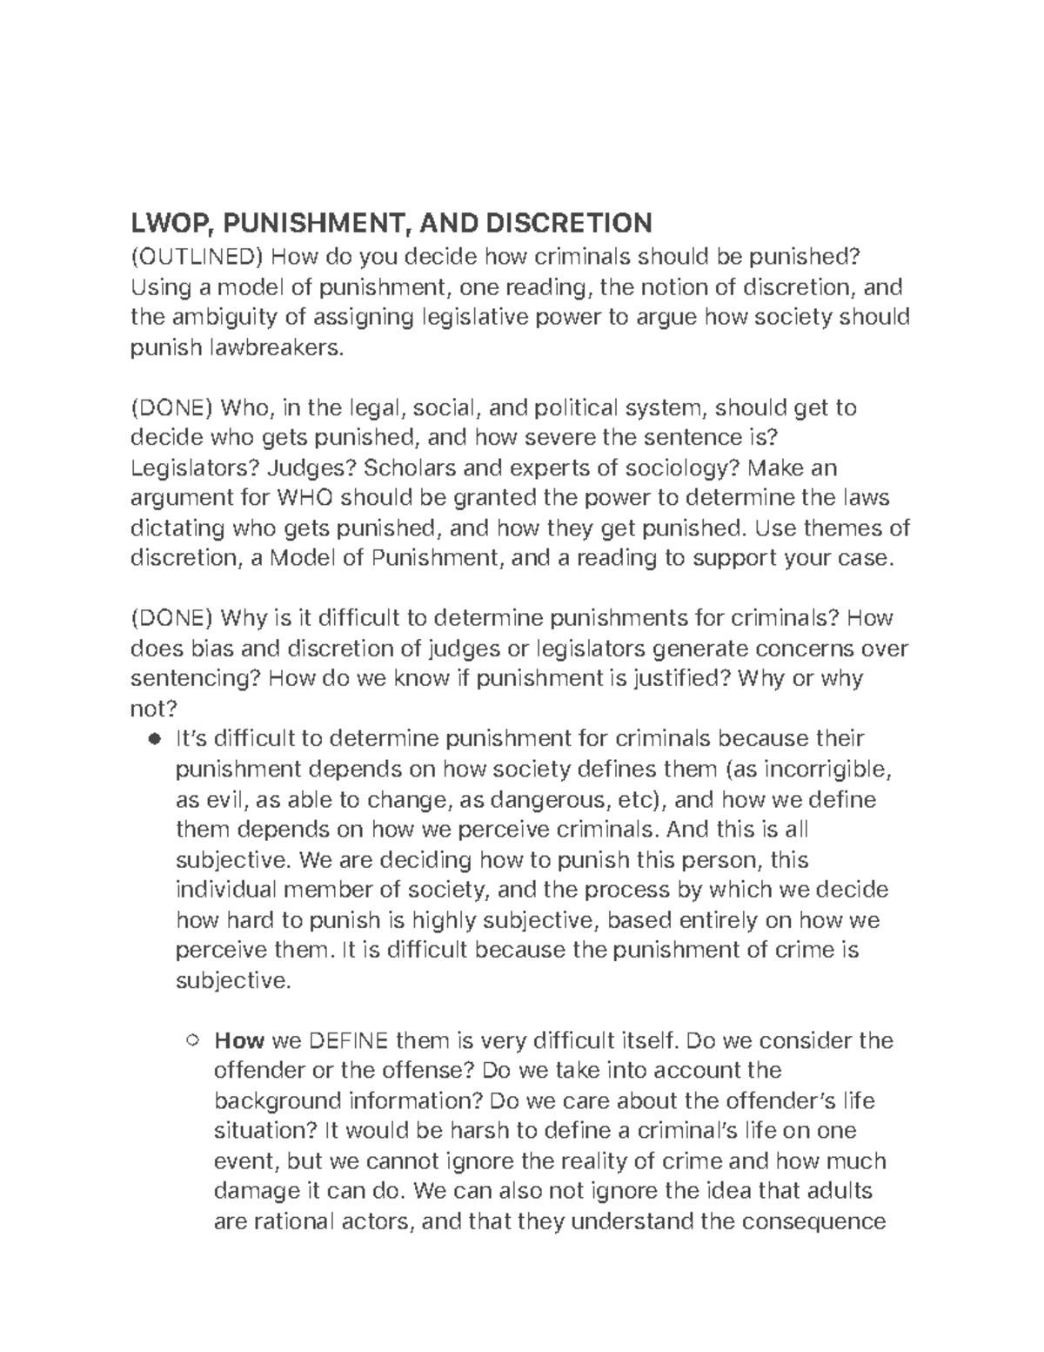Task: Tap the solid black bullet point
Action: (x=155, y=740)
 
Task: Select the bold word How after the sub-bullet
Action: (x=239, y=1040)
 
